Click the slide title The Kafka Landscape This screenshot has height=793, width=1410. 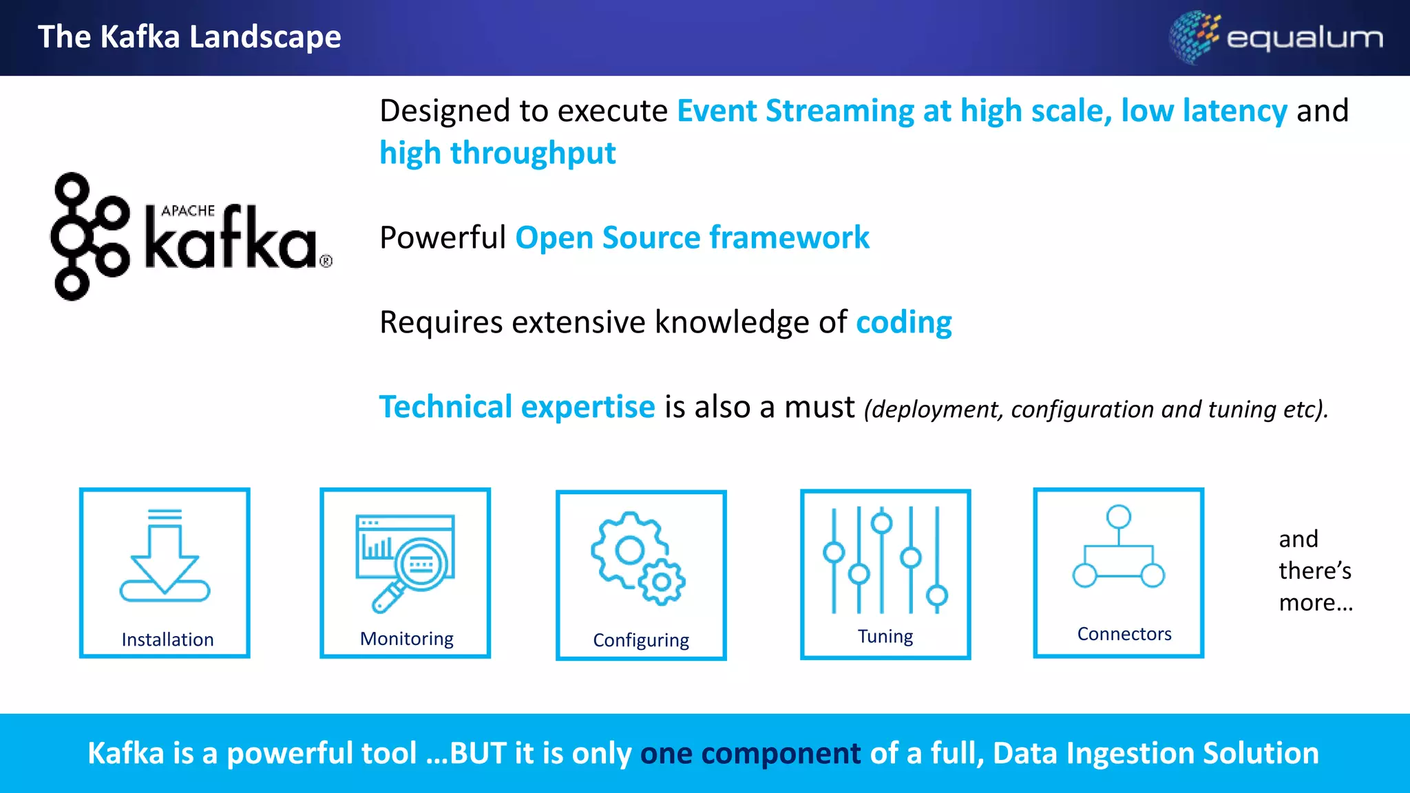point(189,36)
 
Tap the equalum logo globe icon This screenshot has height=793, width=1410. point(1194,36)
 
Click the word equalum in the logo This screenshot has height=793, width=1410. point(1305,38)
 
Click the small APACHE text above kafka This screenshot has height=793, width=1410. point(188,211)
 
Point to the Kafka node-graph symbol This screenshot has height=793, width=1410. point(90,236)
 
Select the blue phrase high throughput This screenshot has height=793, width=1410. point(497,153)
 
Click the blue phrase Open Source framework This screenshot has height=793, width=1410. point(692,237)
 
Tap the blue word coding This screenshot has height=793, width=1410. point(903,322)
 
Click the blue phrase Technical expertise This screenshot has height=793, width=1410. point(517,407)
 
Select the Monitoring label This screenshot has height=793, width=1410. point(406,639)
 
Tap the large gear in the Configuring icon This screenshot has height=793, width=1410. point(627,549)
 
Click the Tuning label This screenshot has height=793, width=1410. point(885,636)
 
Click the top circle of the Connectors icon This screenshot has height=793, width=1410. point(1118,516)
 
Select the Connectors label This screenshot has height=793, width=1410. point(1124,634)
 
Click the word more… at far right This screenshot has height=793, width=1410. point(1315,603)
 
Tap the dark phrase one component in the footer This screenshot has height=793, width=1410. point(750,753)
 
